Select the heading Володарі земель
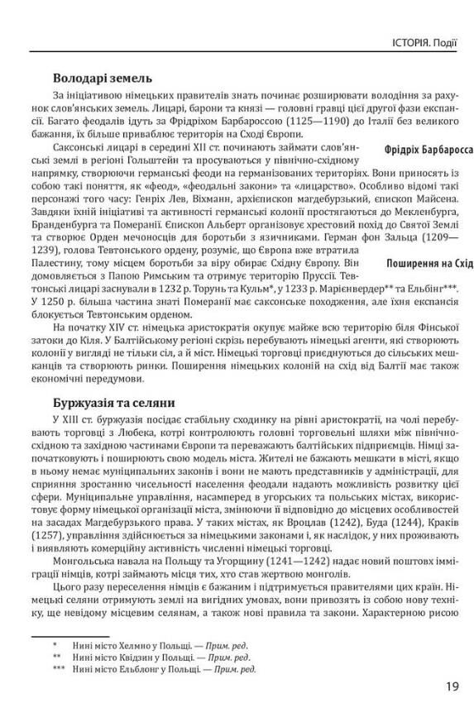click(102, 79)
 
